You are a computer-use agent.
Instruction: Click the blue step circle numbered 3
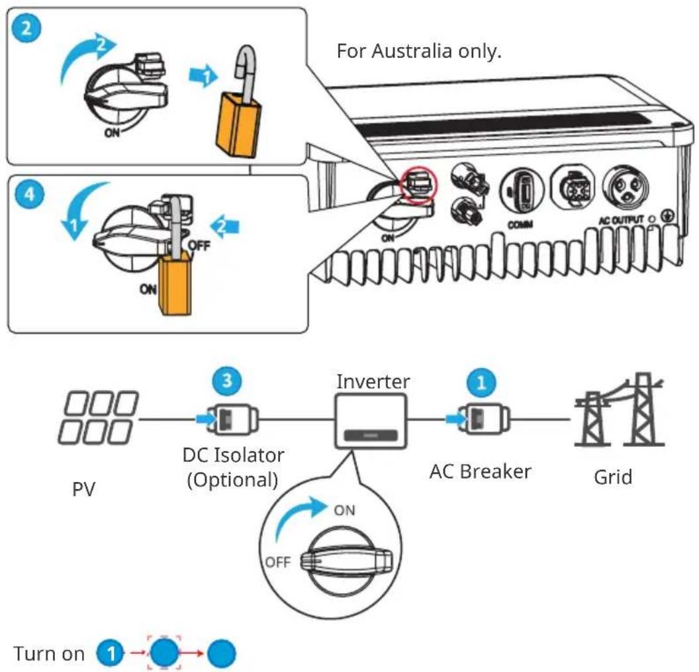[227, 381]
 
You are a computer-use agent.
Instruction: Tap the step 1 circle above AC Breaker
[481, 382]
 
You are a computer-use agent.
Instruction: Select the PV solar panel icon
[99, 417]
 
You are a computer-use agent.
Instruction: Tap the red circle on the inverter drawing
[419, 185]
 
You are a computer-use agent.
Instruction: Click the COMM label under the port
[520, 224]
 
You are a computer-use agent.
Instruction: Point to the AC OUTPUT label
[621, 220]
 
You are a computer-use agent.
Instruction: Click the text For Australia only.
[419, 51]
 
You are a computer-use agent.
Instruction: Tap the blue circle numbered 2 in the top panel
[26, 28]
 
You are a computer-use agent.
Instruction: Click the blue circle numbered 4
[29, 195]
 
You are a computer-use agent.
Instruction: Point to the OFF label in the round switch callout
[277, 562]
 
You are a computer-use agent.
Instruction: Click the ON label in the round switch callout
[345, 510]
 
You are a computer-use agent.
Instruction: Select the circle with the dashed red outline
[164, 653]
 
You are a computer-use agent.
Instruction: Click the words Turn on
[49, 653]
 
